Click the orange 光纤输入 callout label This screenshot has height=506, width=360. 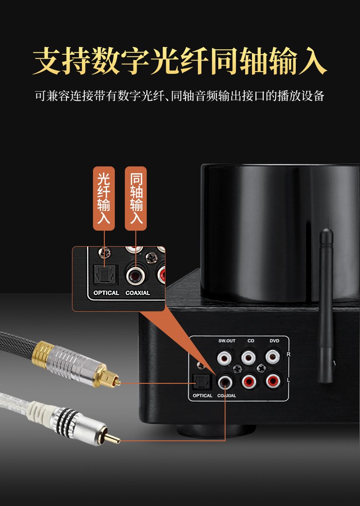point(104,198)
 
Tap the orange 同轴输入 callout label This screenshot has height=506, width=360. point(136,198)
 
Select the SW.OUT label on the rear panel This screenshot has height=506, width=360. point(227,341)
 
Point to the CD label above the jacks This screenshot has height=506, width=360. point(251,341)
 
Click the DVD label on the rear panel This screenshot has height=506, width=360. point(274,341)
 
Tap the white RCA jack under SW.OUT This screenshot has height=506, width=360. point(225,357)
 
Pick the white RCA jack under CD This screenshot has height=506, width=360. point(249,357)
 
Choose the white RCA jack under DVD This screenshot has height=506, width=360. point(273,356)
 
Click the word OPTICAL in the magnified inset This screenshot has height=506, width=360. point(106,293)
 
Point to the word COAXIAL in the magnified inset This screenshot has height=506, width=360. point(138,293)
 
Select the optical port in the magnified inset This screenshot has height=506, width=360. point(105,274)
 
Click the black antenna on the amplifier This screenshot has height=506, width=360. point(325,305)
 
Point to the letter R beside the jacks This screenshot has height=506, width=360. point(288,354)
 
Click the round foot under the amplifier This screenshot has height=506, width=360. point(216,430)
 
